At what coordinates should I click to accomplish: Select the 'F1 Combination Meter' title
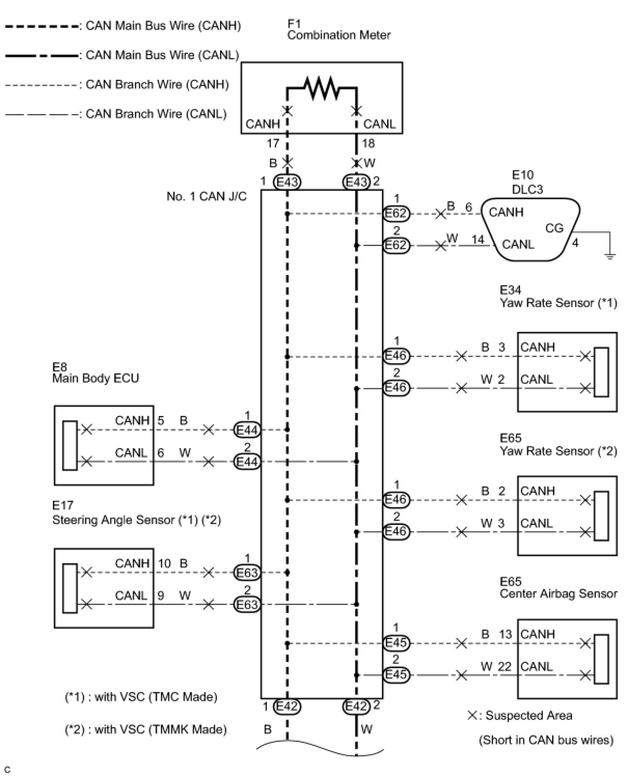[x=338, y=30]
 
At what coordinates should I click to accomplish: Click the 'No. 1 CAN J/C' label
[x=207, y=197]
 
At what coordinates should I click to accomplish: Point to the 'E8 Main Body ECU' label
[x=95, y=372]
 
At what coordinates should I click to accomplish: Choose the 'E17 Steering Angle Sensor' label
[x=136, y=512]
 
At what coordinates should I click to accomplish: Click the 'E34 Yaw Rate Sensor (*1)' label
[x=558, y=296]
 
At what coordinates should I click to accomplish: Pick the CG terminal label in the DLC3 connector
[x=554, y=228]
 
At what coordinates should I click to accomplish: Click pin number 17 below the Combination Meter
[x=273, y=143]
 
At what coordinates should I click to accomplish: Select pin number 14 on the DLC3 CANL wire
[x=477, y=240]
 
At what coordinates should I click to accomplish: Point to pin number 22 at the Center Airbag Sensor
[x=504, y=667]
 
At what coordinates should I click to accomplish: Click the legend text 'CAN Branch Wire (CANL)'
[x=156, y=114]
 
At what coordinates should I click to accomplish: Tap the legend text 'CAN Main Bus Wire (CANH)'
[x=163, y=26]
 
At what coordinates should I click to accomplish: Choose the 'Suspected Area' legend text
[x=529, y=715]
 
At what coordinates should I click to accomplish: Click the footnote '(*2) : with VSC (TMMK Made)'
[x=146, y=729]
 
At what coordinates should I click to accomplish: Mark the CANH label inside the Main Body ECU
[x=132, y=420]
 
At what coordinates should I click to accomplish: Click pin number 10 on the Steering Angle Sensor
[x=164, y=564]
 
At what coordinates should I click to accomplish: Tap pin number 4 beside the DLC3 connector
[x=575, y=243]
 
